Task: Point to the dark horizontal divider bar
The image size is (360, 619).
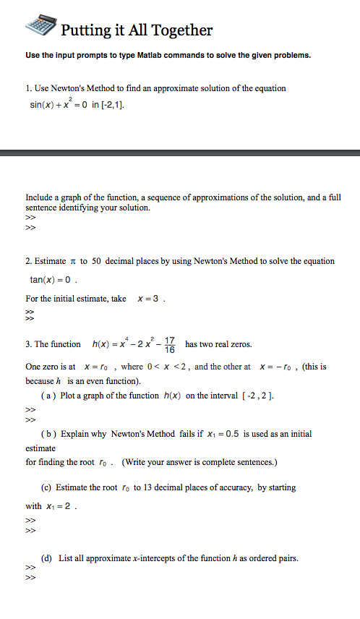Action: coord(180,153)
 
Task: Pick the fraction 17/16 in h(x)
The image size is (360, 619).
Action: coord(170,344)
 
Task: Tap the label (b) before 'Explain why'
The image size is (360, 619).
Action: coord(49,434)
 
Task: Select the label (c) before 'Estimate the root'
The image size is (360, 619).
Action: coord(49,487)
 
